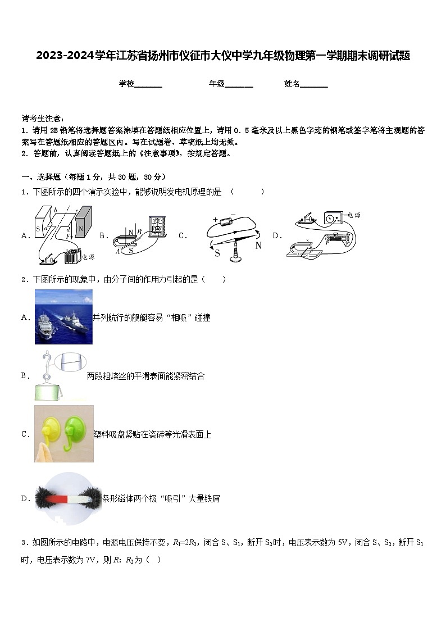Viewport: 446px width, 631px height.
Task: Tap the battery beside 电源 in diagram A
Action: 72,256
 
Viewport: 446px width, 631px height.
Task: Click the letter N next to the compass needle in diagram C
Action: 258,245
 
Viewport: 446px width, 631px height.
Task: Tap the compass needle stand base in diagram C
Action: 235,259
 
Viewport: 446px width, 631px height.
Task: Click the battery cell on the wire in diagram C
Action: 229,219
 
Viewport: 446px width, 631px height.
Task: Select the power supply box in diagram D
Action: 334,217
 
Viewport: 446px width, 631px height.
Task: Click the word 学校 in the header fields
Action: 126,84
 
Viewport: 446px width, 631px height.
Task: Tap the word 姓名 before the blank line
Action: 292,84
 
